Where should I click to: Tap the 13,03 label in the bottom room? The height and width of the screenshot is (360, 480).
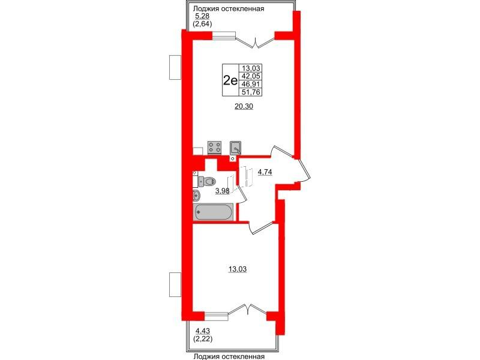(x=237, y=269)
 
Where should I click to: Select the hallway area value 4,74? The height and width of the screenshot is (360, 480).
(x=265, y=172)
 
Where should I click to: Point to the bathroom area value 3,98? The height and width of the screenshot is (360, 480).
(x=222, y=191)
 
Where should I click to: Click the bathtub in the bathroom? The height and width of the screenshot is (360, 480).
(x=213, y=212)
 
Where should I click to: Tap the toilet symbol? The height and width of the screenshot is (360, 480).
(x=207, y=182)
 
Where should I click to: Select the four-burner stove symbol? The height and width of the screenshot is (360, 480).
(x=214, y=147)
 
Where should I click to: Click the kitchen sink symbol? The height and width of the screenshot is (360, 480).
(x=235, y=148)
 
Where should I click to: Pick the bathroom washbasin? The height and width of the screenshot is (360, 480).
(x=196, y=195)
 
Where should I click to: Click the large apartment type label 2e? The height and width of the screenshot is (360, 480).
(x=230, y=80)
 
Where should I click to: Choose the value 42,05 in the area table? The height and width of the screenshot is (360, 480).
(x=251, y=76)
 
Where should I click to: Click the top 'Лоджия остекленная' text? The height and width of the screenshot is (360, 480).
(x=230, y=8)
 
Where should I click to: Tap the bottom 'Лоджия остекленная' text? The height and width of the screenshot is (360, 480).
(x=229, y=356)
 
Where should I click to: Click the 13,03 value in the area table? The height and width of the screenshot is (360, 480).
(x=251, y=68)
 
